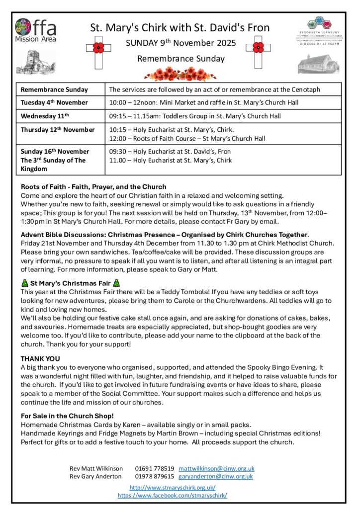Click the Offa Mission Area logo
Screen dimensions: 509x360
(x=35, y=30)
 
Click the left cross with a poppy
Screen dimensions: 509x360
(x=98, y=49)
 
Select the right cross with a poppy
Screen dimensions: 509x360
(x=258, y=49)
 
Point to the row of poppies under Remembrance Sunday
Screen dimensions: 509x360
(x=180, y=74)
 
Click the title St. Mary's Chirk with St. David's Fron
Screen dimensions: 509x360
(x=180, y=28)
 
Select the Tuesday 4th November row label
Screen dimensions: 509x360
(x=54, y=102)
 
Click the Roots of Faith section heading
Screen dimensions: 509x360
(x=93, y=187)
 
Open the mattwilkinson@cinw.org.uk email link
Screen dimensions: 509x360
(x=216, y=468)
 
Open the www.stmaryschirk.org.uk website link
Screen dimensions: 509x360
(x=172, y=488)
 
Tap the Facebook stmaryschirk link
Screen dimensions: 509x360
(x=172, y=495)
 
